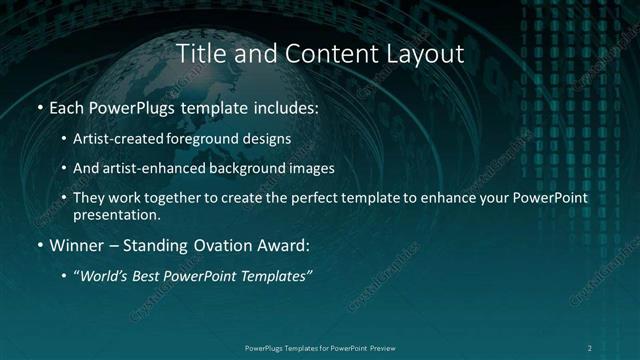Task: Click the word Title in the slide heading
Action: tap(200, 54)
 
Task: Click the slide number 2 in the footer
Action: tap(590, 347)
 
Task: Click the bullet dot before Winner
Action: tap(39, 245)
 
